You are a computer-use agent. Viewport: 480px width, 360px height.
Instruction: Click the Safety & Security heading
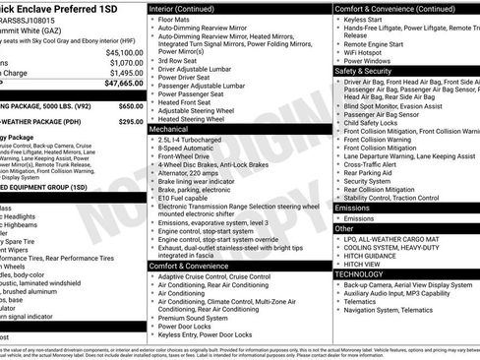click(363, 71)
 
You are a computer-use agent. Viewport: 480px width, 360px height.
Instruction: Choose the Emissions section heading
click(352, 208)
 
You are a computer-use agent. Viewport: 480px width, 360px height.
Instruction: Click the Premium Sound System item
click(200, 319)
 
